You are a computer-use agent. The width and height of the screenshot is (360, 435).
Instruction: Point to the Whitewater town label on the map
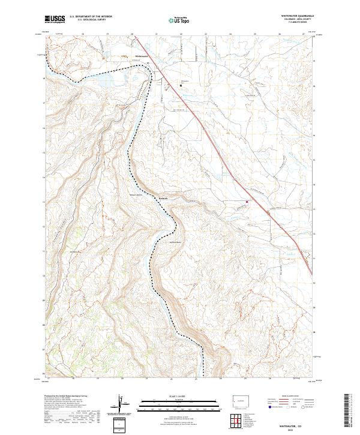[x=142, y=56]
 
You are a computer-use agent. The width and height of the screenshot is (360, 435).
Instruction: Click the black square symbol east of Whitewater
[x=182, y=85]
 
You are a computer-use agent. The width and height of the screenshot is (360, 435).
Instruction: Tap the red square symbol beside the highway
[x=246, y=202]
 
